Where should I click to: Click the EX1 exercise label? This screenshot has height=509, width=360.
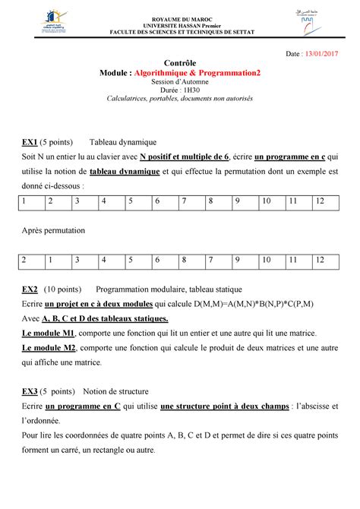30,142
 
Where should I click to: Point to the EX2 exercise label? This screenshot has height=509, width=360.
30,289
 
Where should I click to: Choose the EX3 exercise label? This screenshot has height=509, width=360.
30,392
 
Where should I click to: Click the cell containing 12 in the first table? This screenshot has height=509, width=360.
319,201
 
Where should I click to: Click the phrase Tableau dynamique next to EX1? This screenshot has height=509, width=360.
123,142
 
